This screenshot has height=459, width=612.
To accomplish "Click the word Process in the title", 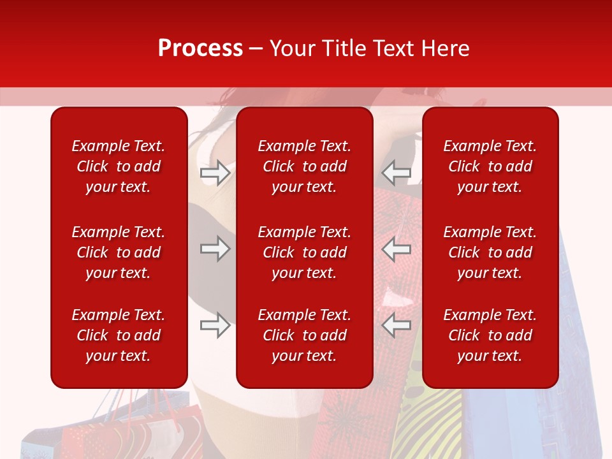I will click(200, 48).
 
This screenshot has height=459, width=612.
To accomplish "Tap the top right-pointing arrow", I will click(215, 173).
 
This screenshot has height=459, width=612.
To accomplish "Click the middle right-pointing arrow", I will click(215, 249).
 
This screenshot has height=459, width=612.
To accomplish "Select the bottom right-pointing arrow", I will click(215, 325).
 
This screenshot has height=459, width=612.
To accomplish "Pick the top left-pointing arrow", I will click(396, 173).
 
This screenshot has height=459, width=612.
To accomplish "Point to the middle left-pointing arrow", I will click(396, 249).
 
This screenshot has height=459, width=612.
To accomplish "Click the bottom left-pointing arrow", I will click(396, 325).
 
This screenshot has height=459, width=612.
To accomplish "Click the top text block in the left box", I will click(119, 166).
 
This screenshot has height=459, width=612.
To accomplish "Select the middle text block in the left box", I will click(119, 252).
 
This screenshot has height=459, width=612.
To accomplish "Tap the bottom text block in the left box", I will click(119, 335).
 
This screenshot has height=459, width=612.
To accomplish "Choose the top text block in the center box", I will click(304, 166).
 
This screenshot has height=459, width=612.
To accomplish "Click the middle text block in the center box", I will click(304, 252).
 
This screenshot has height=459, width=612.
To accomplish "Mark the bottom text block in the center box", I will click(304, 335).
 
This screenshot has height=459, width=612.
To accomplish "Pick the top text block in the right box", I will click(490, 166).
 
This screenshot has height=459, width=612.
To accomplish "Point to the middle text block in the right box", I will click(490, 252).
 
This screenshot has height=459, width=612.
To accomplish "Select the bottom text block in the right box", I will click(490, 335).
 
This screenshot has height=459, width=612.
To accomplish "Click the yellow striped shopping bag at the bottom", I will click(427, 421).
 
